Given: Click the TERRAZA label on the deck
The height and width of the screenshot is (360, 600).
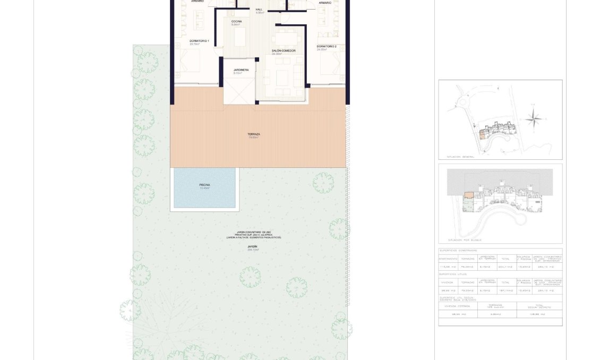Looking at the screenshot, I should point(253,135).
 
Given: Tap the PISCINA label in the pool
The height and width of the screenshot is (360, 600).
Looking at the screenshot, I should point(204,185).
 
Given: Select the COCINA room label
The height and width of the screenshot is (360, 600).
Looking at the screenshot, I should point(236,22).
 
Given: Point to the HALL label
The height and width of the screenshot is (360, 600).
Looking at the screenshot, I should point(259,10).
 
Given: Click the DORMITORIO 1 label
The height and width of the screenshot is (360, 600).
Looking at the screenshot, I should point(199,41).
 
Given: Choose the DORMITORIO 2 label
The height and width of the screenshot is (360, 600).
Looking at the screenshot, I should point(327,47).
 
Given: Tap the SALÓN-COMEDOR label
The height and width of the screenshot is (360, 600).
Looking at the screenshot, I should point(284,51).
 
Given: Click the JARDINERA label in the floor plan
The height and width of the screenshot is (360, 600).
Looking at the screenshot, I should point(241,70).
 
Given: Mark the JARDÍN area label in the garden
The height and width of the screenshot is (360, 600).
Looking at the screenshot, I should point(252,247).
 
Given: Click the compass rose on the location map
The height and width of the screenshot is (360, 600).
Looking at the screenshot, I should point(535,118).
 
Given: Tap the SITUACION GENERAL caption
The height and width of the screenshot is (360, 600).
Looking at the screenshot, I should point(461,157).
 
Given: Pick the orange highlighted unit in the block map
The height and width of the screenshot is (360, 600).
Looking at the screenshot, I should point(469,195).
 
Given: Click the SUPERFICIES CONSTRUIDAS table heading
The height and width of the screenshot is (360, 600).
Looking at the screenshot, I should point(458,250).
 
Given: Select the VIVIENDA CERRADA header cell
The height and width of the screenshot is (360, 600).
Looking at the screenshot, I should point(457,306).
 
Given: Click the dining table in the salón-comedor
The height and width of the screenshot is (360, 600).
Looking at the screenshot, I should point(282,39).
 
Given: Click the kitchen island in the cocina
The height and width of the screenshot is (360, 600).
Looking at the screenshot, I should point(240,37).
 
